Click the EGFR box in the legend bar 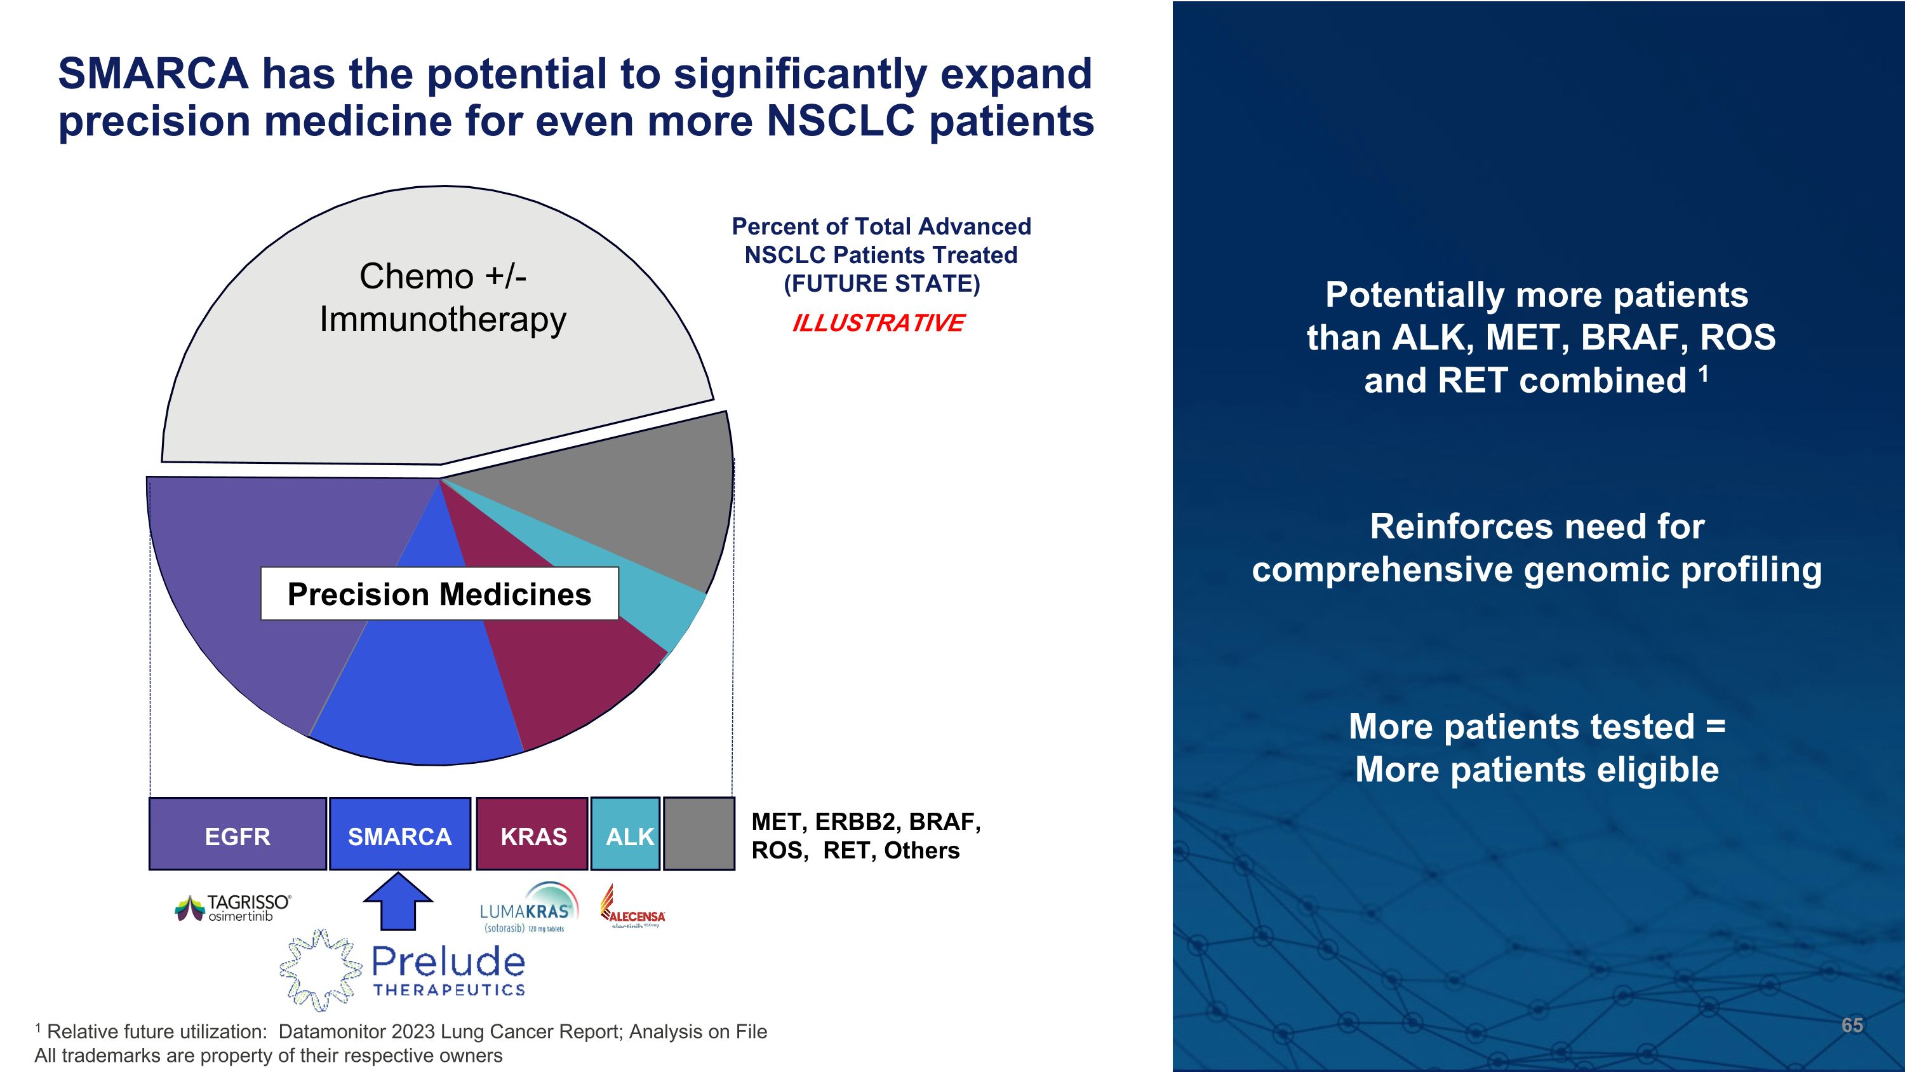(237, 834)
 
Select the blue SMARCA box (399, 834)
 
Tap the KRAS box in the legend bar (533, 834)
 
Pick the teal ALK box (625, 834)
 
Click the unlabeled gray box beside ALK (699, 834)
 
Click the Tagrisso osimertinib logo (234, 908)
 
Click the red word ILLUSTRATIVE (878, 323)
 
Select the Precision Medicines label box (439, 594)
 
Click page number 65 (1852, 1024)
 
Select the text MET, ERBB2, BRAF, (866, 822)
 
